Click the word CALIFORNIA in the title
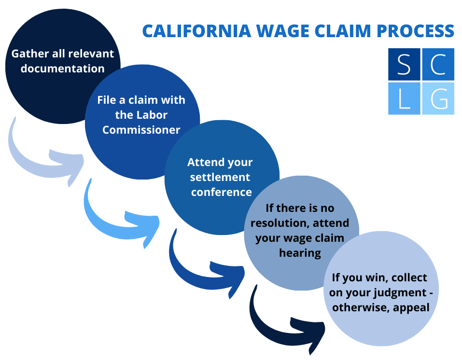coord(196,30)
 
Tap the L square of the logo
coord(404,98)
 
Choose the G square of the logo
coord(438,98)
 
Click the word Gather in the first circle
coord(30,53)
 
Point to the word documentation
coord(62,69)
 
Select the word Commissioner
coord(141,130)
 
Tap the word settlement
coord(220,177)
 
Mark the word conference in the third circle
coord(222,192)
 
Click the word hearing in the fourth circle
coord(300,253)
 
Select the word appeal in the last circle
coord(412,307)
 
